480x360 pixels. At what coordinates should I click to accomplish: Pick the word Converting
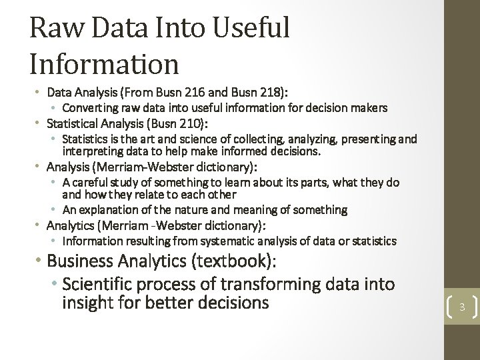89,107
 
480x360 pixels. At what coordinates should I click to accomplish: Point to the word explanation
105,210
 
